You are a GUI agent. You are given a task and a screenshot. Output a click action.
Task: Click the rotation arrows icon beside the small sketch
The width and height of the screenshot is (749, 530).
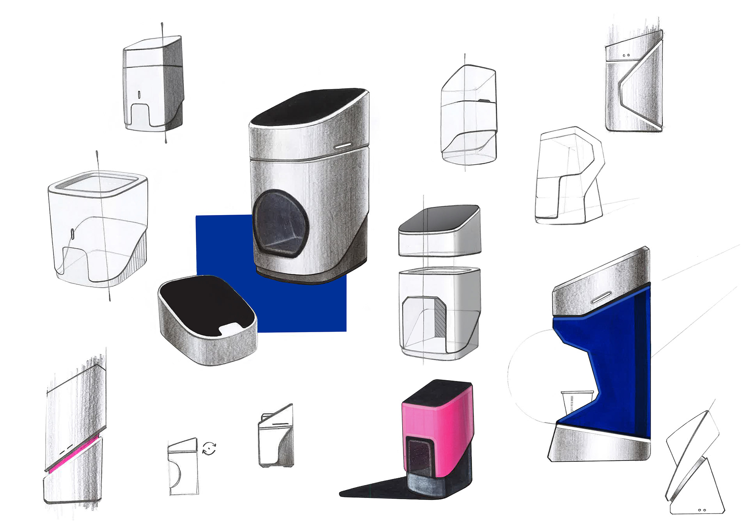[x=209, y=448]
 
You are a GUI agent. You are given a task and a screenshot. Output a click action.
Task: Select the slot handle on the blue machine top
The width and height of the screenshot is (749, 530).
[x=602, y=298]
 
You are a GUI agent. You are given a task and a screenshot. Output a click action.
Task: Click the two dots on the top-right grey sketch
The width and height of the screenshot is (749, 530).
[x=626, y=55]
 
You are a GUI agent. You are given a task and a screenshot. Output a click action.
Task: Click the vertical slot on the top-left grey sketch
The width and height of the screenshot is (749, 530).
[x=139, y=94]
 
